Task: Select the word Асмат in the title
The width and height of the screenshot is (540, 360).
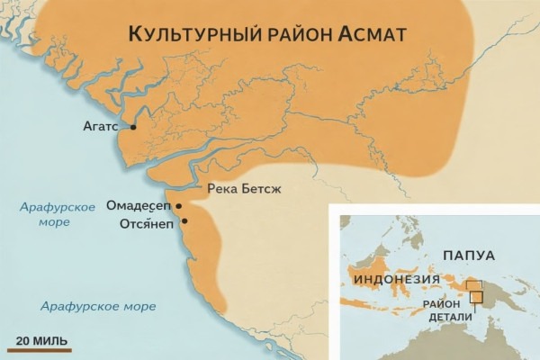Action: tap(373, 34)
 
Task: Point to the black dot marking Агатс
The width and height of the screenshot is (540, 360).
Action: tap(133, 128)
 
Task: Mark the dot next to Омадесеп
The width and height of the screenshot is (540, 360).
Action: tap(179, 206)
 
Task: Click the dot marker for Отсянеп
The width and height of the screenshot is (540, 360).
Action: tap(184, 220)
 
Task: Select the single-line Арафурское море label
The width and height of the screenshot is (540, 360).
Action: tap(98, 306)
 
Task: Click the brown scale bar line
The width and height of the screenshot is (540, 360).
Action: tap(40, 349)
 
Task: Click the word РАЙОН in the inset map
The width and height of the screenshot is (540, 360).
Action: tap(442, 303)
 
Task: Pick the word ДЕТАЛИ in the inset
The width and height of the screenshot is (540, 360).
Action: tap(442, 318)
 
